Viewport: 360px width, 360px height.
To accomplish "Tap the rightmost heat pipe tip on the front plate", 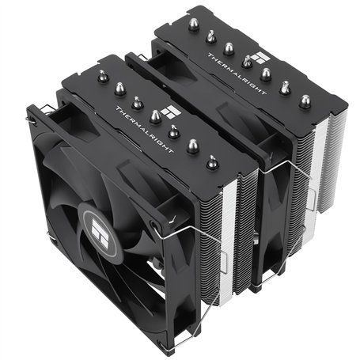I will tap(212, 161).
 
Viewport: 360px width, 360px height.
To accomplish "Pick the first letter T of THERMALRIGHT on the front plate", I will tap(117, 106).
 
